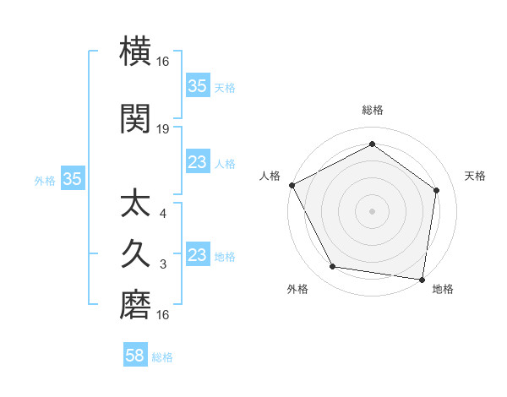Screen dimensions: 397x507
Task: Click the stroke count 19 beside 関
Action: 163,129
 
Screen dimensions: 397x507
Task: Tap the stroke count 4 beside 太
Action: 163,213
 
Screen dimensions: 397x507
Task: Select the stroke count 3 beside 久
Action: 163,264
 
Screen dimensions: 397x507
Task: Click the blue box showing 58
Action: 135,356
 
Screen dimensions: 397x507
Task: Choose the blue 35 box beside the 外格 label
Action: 72,179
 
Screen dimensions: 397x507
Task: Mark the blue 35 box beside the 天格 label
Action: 198,85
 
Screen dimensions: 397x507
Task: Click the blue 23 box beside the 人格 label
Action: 198,162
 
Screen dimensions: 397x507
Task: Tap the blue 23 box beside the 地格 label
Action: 198,255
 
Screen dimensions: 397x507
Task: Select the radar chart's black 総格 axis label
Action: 372,110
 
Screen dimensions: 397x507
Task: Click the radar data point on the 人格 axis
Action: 292,185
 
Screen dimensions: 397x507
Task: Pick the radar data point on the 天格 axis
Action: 437,190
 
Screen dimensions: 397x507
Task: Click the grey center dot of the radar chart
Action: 372,210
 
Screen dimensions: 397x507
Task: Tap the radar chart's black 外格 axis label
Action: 297,289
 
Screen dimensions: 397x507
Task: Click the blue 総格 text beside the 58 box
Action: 162,357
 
